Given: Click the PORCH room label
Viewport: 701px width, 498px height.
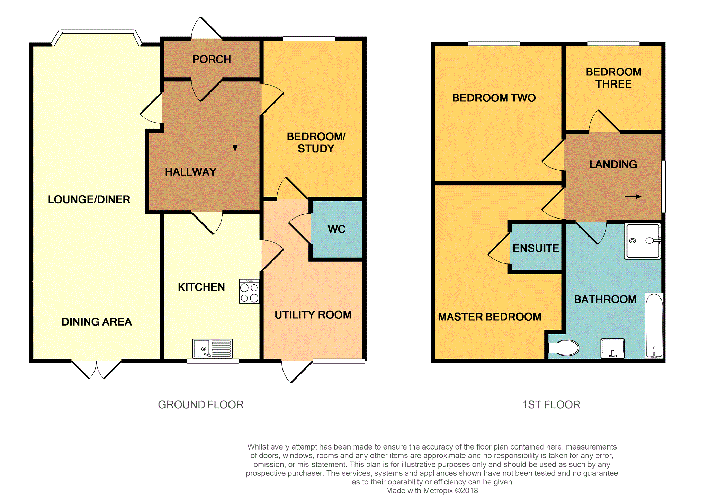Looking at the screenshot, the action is point(212,59).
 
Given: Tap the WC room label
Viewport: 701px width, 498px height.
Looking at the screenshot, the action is point(336,229).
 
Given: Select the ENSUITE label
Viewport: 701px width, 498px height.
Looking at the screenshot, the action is point(536,248).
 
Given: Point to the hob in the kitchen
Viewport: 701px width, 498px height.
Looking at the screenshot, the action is point(249,292).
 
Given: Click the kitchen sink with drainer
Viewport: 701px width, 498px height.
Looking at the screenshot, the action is point(213,348).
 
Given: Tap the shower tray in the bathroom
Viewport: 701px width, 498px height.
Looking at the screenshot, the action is point(643,241).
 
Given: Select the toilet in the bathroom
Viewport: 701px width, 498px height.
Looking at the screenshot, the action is point(564,348).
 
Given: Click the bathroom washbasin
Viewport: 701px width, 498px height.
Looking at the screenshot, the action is point(613,348).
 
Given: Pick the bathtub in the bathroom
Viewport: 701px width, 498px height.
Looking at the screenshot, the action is point(654,326).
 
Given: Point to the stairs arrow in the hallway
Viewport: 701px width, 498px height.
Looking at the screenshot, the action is point(235,143).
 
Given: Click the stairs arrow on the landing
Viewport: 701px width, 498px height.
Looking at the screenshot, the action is point(633,197).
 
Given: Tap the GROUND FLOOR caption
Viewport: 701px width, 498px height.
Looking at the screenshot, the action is point(201,404).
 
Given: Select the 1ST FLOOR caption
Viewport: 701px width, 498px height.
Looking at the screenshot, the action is point(551,404).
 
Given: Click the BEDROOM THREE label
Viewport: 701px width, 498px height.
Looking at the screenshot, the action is point(613,78).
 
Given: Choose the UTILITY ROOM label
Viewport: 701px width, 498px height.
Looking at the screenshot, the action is point(313,314).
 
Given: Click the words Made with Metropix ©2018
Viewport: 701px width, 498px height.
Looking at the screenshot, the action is point(432,490).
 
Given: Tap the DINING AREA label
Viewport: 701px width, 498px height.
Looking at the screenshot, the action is point(97,322).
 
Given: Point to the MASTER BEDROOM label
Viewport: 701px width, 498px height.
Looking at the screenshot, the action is point(489,317).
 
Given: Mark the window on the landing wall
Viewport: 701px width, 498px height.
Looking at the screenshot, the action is point(663,186).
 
